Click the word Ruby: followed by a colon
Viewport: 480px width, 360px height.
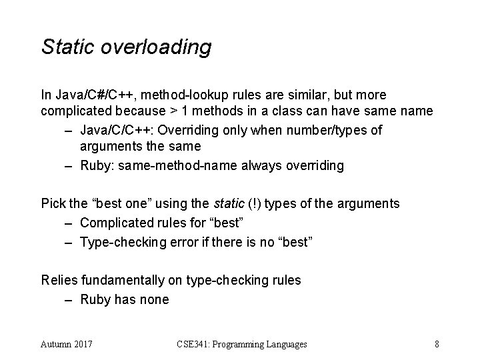point(98,166)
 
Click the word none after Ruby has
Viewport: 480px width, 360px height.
point(154,299)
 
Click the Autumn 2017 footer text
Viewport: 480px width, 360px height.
point(67,344)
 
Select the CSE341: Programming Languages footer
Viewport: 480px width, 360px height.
point(242,344)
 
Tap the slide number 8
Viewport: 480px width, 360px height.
point(436,344)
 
